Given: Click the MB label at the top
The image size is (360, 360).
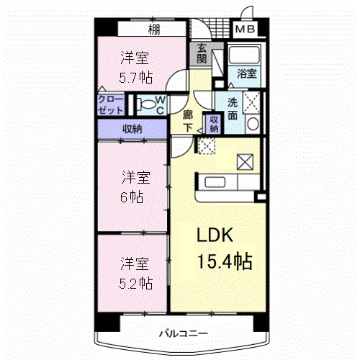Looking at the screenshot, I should (x=246, y=30).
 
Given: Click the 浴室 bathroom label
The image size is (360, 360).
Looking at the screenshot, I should (x=247, y=72).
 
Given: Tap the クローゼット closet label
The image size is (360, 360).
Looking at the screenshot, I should (x=112, y=106).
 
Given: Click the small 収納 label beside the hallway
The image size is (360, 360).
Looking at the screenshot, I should (x=213, y=123).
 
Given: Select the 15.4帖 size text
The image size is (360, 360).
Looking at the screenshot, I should (x=225, y=261).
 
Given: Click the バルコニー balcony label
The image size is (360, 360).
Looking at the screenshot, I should (x=184, y=333).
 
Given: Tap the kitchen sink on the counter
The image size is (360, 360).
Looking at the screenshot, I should (x=212, y=181).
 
